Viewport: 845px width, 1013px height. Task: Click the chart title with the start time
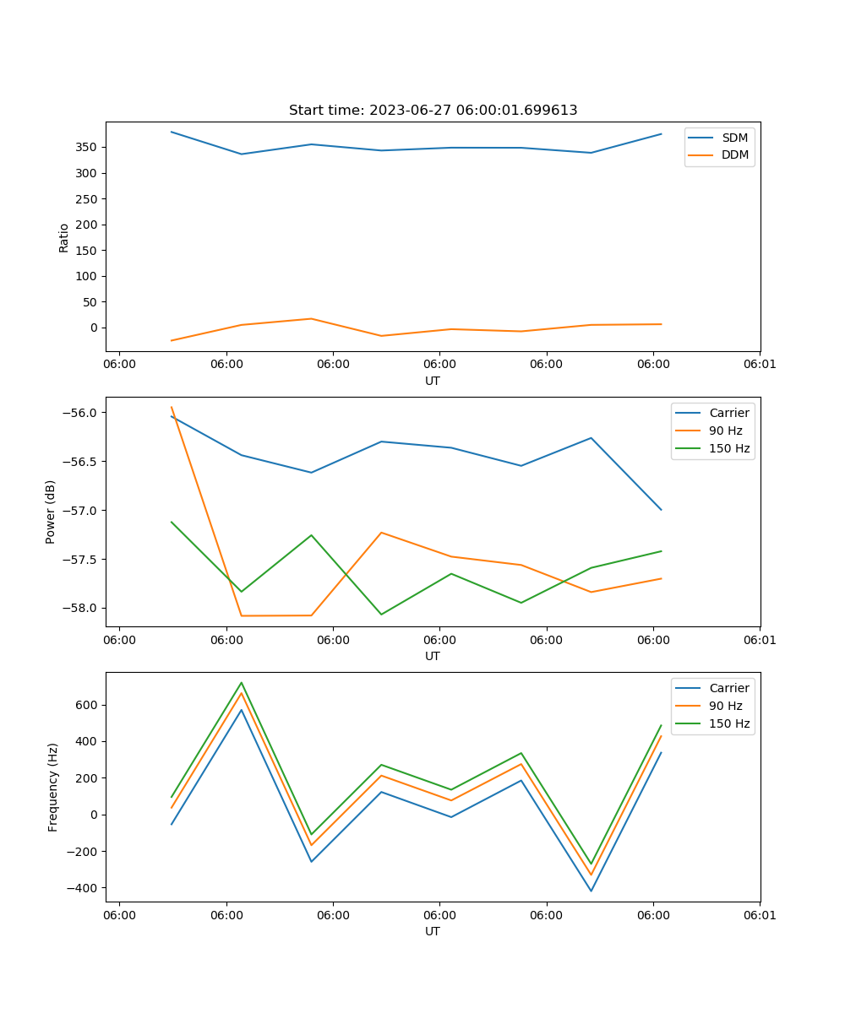pyautogui.click(x=433, y=111)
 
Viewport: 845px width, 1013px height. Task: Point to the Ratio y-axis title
pyautogui.click(x=64, y=237)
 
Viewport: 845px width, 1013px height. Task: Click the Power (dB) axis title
pyautogui.click(x=51, y=512)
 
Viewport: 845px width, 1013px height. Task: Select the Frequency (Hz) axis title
pyautogui.click(x=53, y=787)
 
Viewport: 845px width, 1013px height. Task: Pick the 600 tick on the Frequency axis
pyautogui.click(x=87, y=705)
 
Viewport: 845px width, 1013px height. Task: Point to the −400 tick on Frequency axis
pyautogui.click(x=83, y=888)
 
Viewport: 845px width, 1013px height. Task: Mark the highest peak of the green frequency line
pyautogui.click(x=242, y=682)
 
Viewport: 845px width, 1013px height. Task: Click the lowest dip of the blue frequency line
pyautogui.click(x=591, y=891)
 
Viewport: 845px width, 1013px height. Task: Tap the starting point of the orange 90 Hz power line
pyautogui.click(x=172, y=407)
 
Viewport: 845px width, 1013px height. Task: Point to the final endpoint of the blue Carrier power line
pyautogui.click(x=662, y=510)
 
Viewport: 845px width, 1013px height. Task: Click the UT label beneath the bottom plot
pyautogui.click(x=433, y=931)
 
